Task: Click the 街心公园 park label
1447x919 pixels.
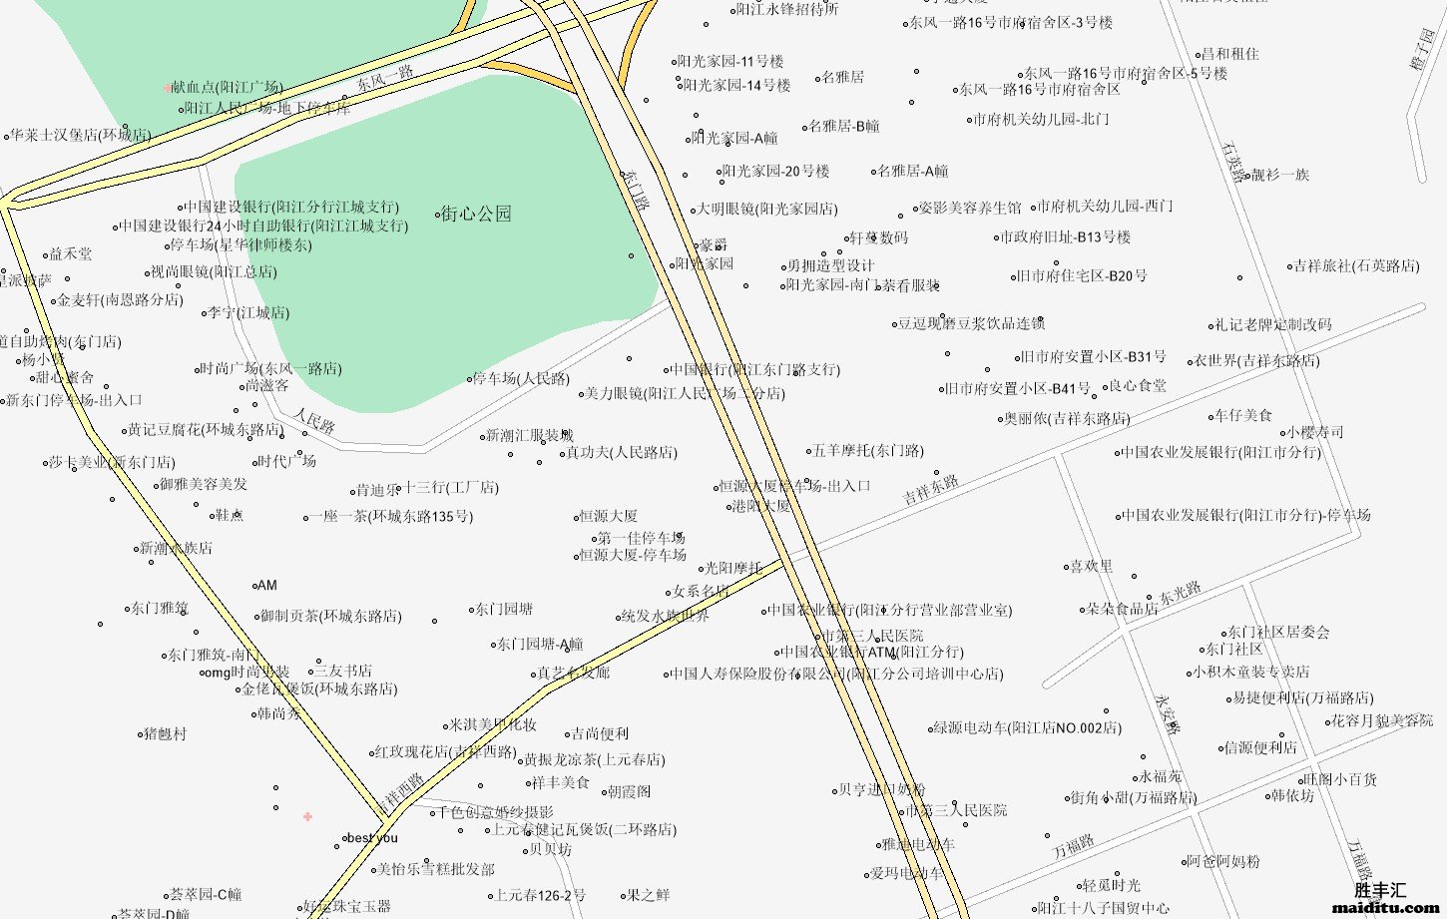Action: tap(476, 214)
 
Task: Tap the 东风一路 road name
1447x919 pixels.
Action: tap(385, 77)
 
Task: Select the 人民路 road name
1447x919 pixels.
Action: tap(313, 421)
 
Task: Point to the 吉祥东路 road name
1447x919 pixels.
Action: tap(931, 489)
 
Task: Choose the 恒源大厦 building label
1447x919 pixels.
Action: tap(608, 516)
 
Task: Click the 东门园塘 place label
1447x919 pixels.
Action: tap(503, 609)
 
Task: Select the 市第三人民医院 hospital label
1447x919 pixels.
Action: tap(871, 636)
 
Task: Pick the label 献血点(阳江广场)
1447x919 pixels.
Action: tap(227, 88)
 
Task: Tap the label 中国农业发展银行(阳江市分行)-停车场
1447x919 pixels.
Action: tap(1246, 516)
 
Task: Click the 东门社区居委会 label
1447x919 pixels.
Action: tap(1277, 632)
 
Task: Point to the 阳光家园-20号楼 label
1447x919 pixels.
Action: tap(775, 172)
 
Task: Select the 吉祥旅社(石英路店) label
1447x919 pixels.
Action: tap(1356, 266)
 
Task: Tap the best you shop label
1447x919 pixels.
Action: tap(372, 838)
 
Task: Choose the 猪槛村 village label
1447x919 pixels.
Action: tap(165, 733)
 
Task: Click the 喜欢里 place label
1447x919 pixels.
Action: tap(1091, 567)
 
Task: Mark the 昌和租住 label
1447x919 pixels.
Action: tap(1229, 54)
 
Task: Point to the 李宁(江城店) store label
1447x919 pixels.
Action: tap(248, 313)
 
